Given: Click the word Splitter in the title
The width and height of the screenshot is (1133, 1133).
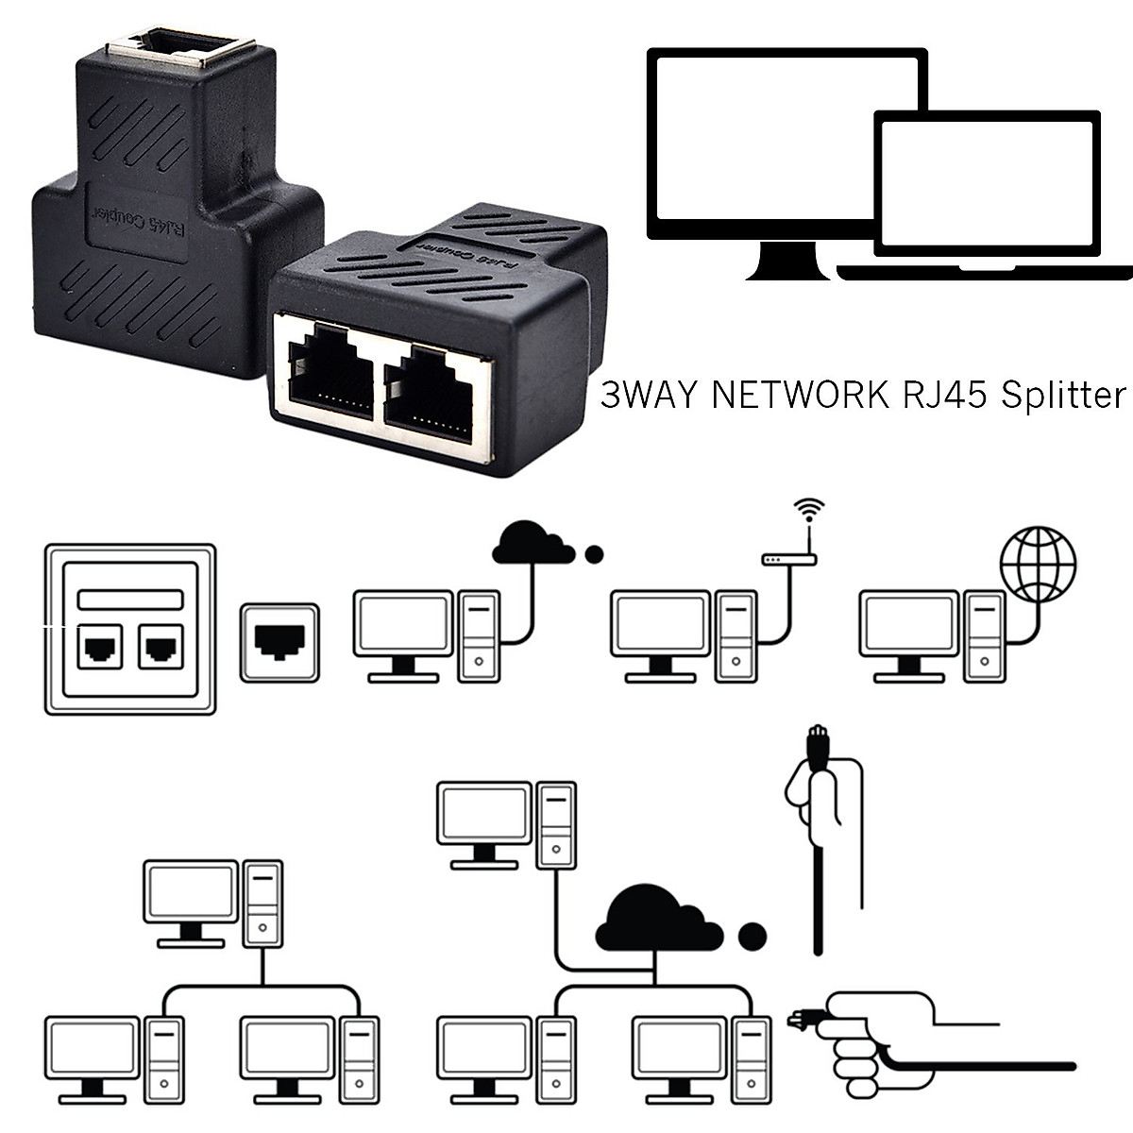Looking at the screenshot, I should point(1060,394).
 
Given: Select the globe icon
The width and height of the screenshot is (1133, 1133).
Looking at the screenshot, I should point(1039,566).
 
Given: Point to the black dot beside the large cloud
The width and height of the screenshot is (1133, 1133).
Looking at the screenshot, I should point(752,937).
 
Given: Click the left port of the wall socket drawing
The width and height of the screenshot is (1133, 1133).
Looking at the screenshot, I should point(99,648).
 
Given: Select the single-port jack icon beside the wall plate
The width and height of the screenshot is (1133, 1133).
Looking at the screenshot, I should point(279,642).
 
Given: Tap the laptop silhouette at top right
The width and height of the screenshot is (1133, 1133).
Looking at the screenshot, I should point(987,189).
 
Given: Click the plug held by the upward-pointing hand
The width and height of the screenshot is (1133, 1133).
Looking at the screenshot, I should point(818,746).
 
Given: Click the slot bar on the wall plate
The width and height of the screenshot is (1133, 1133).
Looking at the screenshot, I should point(130,600).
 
